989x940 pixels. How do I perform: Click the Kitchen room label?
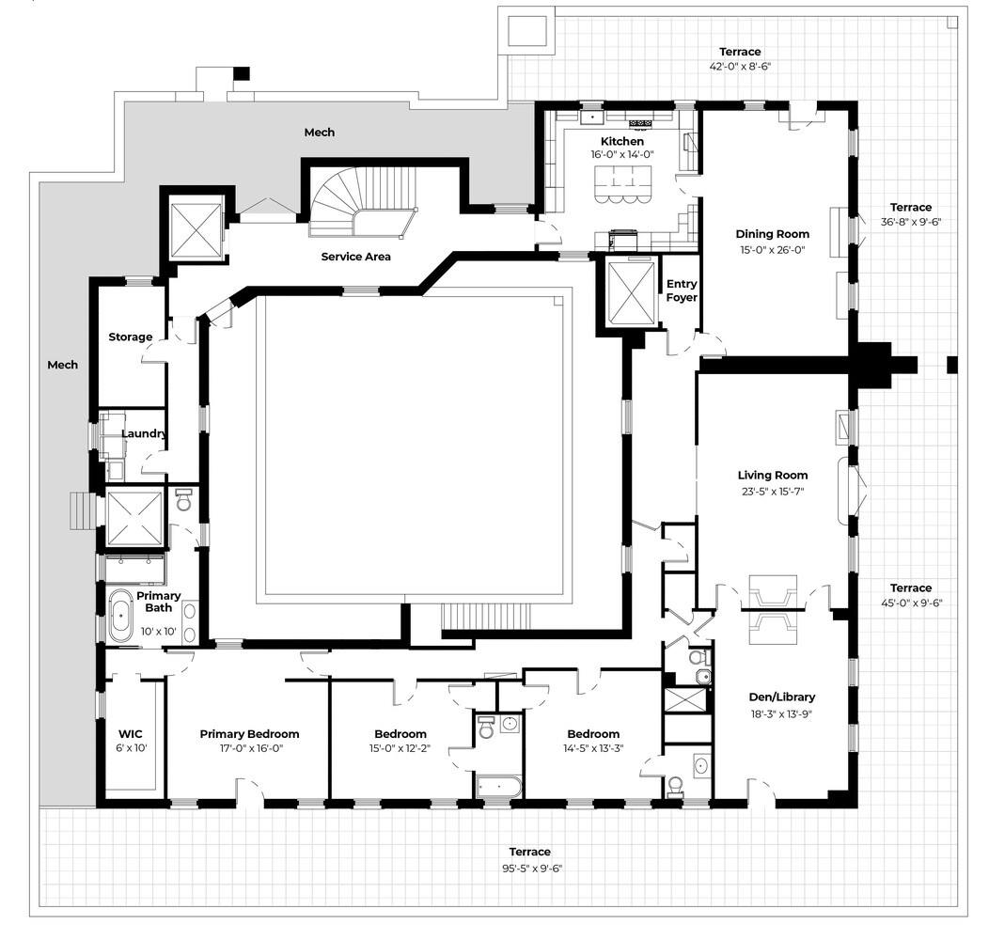pyautogui.click(x=622, y=142)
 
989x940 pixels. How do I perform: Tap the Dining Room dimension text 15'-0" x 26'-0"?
pyautogui.click(x=772, y=250)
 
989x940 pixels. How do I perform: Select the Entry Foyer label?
pyautogui.click(x=682, y=290)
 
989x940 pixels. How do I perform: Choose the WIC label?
pyautogui.click(x=129, y=734)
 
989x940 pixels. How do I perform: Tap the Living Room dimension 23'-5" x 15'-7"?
pyautogui.click(x=772, y=491)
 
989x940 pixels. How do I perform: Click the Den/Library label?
pyautogui.click(x=782, y=697)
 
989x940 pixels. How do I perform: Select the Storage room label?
pyautogui.click(x=130, y=337)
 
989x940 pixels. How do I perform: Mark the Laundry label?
pyautogui.click(x=144, y=433)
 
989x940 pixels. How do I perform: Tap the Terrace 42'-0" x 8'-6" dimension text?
pyautogui.click(x=740, y=67)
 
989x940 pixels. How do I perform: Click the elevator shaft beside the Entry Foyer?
pyautogui.click(x=629, y=292)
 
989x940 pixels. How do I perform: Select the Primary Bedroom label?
pyautogui.click(x=249, y=734)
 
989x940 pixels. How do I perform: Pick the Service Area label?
pyautogui.click(x=355, y=257)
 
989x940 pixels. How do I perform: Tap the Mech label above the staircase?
pyautogui.click(x=319, y=133)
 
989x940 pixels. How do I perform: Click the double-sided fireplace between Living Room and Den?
pyautogui.click(x=771, y=608)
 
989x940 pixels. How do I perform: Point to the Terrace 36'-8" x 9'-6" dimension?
pyautogui.click(x=911, y=222)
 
